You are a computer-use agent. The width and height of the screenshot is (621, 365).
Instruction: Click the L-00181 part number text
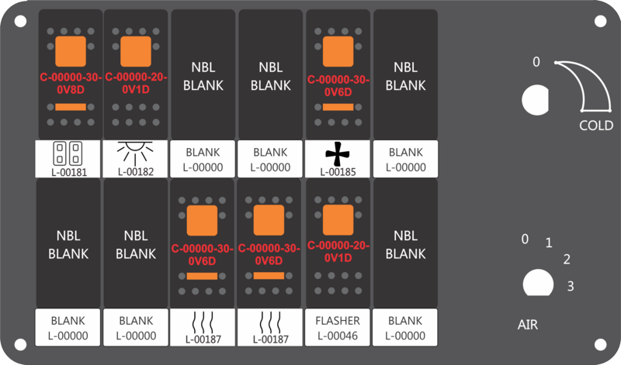click(69, 172)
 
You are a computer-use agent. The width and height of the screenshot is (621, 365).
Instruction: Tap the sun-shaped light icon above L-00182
click(135, 153)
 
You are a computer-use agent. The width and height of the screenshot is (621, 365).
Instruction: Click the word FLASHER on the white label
click(338, 320)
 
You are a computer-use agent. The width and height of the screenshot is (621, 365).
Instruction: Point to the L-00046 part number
click(338, 336)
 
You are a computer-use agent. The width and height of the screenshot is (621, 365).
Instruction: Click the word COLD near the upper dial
click(596, 126)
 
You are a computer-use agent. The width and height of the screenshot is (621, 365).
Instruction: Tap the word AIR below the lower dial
click(528, 325)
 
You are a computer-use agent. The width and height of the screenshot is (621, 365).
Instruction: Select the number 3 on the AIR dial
click(571, 286)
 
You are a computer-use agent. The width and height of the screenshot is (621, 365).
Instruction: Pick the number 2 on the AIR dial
click(567, 260)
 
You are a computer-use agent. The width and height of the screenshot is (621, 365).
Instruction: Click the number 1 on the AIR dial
click(549, 243)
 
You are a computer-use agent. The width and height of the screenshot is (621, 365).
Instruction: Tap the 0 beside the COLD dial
click(536, 62)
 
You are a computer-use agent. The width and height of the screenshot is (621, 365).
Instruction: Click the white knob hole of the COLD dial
click(535, 100)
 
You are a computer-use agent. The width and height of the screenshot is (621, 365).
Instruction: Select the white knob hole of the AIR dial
click(538, 283)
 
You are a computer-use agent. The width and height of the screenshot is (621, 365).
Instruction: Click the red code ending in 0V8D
click(71, 84)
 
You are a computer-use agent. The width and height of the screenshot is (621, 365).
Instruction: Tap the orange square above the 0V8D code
click(71, 51)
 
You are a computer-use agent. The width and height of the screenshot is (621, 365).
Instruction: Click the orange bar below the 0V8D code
click(71, 107)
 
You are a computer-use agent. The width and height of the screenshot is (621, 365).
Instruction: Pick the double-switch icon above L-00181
click(68, 153)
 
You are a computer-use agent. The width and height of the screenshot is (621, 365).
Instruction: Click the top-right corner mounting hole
click(600, 22)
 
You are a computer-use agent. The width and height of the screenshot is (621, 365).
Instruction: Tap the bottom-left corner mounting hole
click(20, 344)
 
